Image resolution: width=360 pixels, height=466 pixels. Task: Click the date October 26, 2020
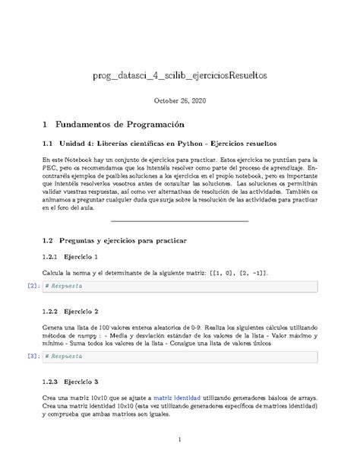coord(180,100)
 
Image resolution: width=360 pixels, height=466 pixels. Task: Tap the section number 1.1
coord(47,143)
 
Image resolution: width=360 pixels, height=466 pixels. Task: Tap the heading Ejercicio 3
coord(80,381)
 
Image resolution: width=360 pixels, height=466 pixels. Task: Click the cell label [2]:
coord(32,286)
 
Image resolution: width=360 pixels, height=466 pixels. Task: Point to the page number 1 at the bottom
coord(180,440)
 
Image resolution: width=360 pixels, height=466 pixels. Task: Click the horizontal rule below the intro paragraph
coord(180,221)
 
